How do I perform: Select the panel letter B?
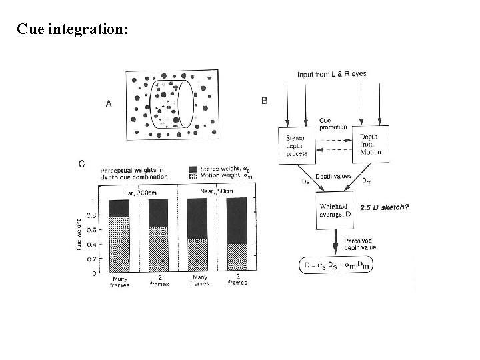coord(265,101)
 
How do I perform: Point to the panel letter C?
coord(81,164)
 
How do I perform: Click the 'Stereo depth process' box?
coord(292,145)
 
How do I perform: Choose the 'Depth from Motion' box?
coord(371,143)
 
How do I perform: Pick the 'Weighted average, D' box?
coord(333,211)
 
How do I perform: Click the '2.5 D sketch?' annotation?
coord(384,208)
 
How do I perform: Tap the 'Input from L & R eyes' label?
coord(331,74)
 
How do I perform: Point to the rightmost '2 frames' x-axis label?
coord(237,279)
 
